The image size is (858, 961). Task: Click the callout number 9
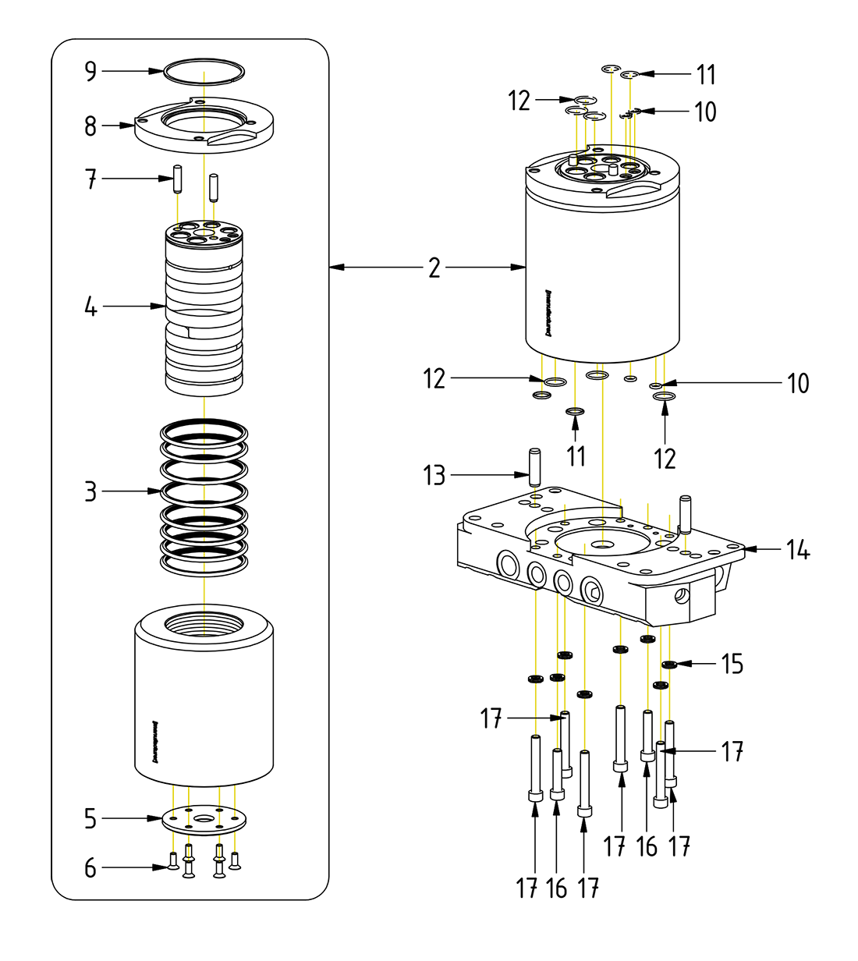point(90,72)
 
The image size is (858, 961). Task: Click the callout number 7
point(90,179)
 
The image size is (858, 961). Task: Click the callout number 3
point(90,491)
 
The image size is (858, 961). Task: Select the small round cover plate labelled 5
point(204,818)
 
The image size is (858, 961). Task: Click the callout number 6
point(90,867)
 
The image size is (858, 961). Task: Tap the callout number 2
point(434,268)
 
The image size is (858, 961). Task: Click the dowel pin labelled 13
point(535,466)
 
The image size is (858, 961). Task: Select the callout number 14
point(797,550)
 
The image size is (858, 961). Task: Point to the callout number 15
point(732,664)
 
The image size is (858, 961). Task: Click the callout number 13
point(434,474)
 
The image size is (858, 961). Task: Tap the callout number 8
point(90,126)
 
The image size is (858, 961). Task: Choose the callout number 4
point(90,307)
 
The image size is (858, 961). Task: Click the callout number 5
point(90,818)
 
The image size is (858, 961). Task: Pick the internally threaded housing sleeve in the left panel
point(204,694)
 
